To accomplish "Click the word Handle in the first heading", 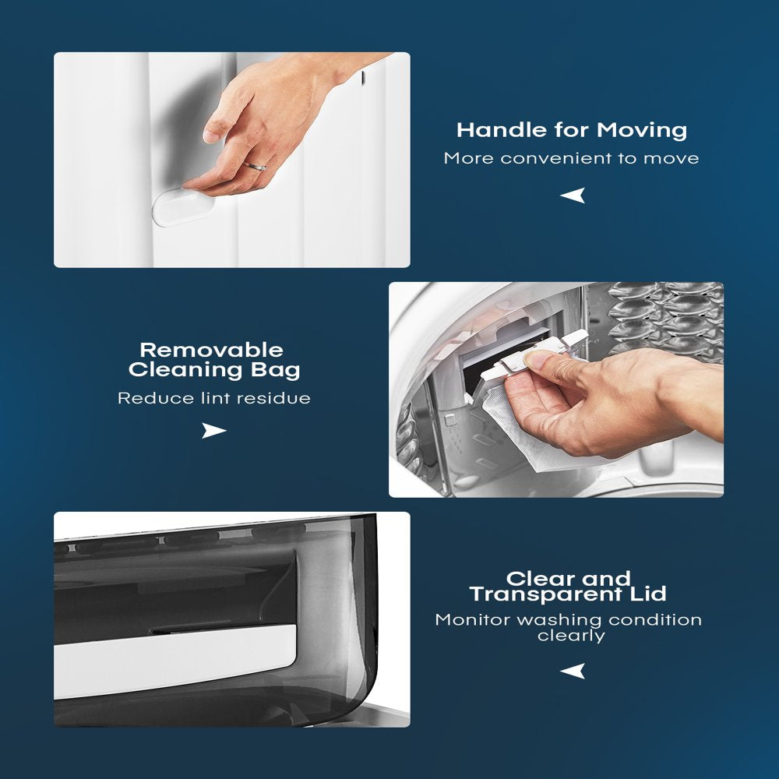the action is [502, 130].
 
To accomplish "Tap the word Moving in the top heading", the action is [642, 131].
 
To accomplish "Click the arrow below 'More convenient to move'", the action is [573, 196].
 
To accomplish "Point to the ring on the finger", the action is [255, 167].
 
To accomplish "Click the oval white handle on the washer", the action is [182, 206].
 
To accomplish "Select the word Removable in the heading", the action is [212, 350].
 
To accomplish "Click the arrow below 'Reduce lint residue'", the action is [214, 430].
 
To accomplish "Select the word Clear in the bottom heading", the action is [540, 579].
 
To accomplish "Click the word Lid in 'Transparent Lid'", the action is [648, 594].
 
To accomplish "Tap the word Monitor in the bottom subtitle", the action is [473, 620].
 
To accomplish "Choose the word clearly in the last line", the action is [571, 636].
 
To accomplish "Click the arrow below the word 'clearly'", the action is [573, 671].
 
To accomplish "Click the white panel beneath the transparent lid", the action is [174, 661].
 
